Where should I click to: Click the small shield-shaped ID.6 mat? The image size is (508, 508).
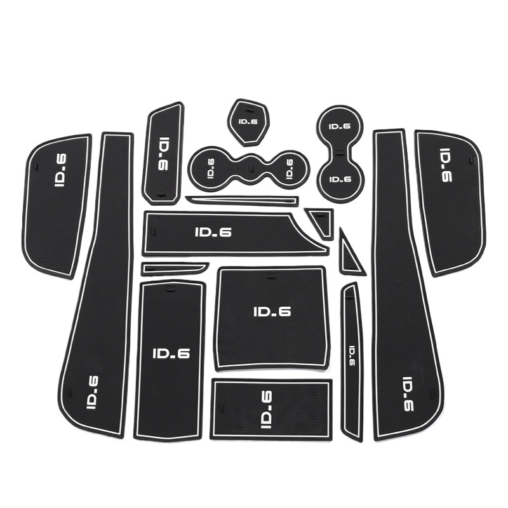point(248,122)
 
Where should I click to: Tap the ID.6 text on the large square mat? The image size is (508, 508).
point(272,311)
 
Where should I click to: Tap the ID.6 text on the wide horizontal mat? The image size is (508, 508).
point(213,232)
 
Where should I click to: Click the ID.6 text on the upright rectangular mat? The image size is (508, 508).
point(171,354)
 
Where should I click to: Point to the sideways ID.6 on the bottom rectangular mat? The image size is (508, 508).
point(267,410)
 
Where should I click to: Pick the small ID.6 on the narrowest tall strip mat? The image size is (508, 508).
point(351,356)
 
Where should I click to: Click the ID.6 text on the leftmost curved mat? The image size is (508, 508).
point(60,170)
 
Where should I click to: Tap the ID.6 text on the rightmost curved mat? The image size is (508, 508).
point(446,165)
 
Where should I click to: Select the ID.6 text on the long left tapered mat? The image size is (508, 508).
point(93,392)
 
